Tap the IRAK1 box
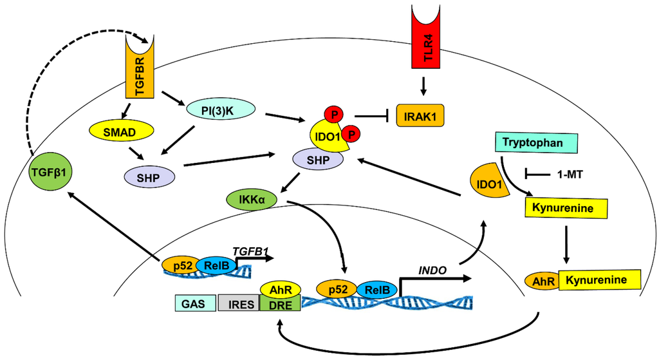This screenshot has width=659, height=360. pos(419,117)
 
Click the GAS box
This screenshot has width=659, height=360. pos(194,303)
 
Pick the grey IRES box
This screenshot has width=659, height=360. pos(237,303)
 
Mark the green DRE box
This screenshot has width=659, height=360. pos(280,304)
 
